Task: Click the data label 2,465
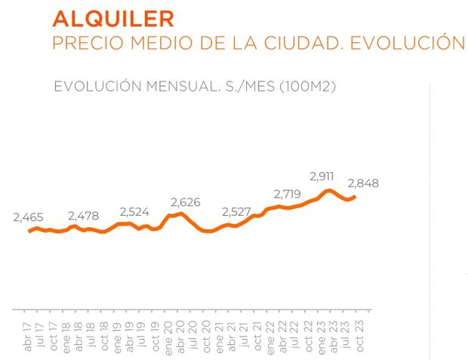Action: pyautogui.click(x=29, y=218)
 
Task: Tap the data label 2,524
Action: pyautogui.click(x=137, y=211)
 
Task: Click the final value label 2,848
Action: pyautogui.click(x=363, y=183)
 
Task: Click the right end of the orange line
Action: pyautogui.click(x=355, y=196)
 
